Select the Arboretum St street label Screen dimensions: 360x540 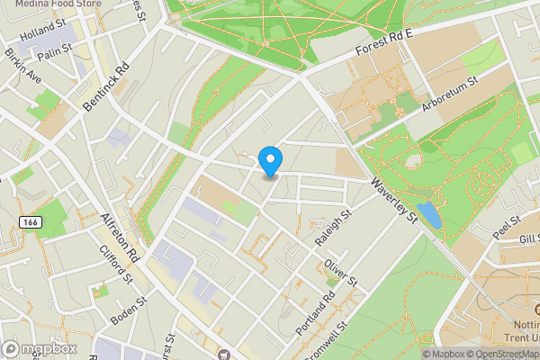pyautogui.click(x=450, y=94)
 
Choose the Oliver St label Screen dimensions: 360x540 pyautogui.click(x=342, y=271)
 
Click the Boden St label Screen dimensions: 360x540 pyautogui.click(x=129, y=308)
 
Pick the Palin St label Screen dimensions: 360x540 pyautogui.click(x=54, y=53)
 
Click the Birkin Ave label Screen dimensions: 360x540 pyautogui.click(x=23, y=64)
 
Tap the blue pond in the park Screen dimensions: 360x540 pyautogui.click(x=429, y=214)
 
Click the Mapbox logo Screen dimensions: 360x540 pyautogui.click(x=40, y=348)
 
